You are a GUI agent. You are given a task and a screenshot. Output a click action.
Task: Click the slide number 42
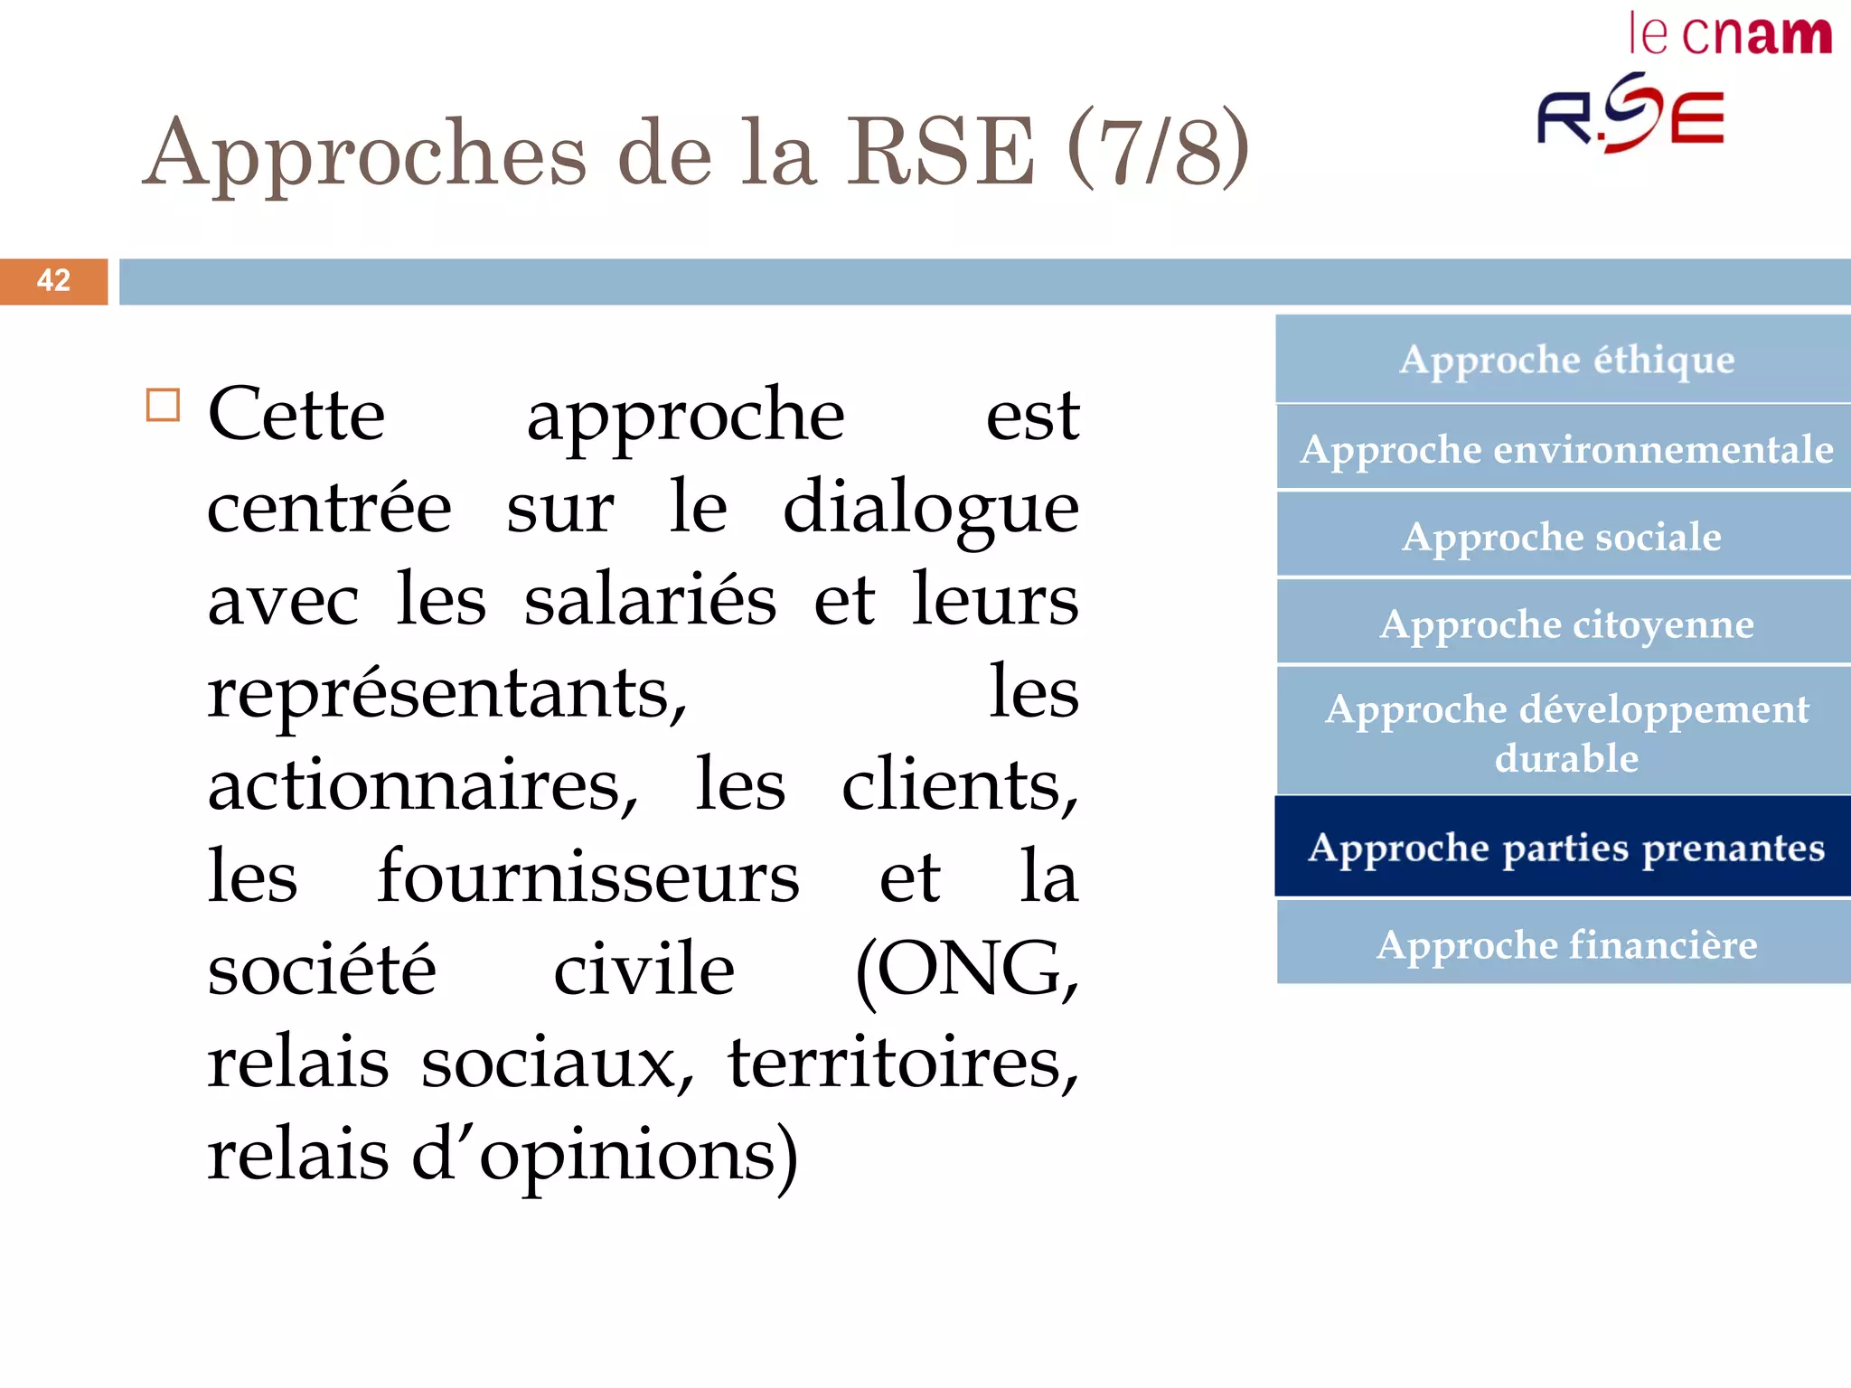(53, 281)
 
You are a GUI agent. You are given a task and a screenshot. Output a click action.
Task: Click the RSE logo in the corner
(1630, 115)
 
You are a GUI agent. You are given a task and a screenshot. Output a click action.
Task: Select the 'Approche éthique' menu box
(1565, 360)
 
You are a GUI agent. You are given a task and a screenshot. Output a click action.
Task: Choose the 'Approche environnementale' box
(1565, 449)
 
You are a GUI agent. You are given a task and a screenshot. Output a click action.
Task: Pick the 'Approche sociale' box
(1565, 537)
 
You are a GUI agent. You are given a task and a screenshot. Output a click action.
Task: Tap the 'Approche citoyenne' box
(1565, 624)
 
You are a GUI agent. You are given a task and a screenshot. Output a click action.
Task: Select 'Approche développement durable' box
(1565, 733)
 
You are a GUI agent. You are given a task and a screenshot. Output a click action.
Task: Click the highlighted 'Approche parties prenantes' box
(1565, 848)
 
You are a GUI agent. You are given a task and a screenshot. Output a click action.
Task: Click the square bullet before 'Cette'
(164, 406)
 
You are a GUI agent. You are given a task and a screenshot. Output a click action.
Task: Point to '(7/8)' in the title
(1159, 150)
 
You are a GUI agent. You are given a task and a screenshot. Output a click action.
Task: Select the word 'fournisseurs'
(588, 877)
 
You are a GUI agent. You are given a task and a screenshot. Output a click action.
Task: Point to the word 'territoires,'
(903, 1063)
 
